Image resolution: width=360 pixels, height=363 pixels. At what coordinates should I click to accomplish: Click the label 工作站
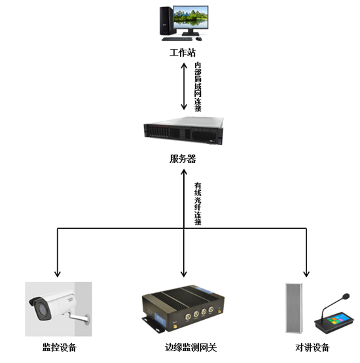[183, 52]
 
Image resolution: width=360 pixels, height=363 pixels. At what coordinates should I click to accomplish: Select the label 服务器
[183, 159]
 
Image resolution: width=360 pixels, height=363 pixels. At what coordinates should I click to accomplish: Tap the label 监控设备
[60, 347]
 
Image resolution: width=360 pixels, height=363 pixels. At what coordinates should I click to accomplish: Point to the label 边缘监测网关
[190, 347]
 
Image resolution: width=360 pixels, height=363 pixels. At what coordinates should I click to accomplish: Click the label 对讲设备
[312, 347]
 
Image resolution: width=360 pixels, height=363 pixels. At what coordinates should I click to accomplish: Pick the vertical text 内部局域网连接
[198, 87]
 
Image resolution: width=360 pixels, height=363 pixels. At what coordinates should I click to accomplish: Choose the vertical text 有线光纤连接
[198, 203]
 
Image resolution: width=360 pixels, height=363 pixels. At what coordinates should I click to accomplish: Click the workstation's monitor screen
[190, 17]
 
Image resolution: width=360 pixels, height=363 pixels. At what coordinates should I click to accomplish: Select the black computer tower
[166, 21]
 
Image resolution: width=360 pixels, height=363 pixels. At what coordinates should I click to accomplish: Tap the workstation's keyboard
[177, 39]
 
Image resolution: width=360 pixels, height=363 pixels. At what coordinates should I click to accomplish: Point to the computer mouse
[199, 39]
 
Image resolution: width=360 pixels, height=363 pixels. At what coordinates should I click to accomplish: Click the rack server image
[183, 131]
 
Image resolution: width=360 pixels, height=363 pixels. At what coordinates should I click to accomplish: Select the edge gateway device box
[183, 309]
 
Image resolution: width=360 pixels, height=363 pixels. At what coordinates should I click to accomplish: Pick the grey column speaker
[293, 308]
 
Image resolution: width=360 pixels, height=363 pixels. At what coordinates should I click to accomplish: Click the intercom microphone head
[346, 296]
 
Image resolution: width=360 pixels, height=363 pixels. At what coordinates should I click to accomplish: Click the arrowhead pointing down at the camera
[58, 274]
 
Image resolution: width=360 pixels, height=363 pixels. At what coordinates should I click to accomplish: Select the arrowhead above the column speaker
[306, 274]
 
